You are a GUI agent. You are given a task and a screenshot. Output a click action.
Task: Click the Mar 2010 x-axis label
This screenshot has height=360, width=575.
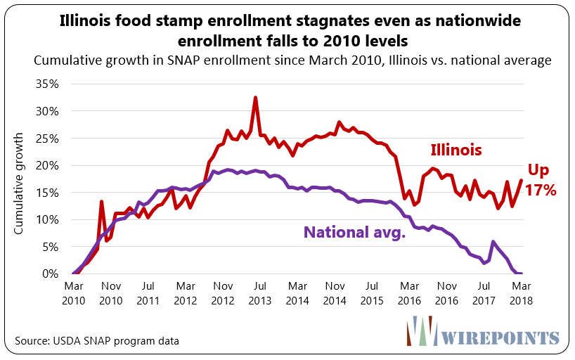click(74, 292)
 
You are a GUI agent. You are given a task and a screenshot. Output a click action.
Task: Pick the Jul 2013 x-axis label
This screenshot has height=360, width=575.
click(259, 292)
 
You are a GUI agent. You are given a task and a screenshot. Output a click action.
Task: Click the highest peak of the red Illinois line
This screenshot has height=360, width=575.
click(255, 98)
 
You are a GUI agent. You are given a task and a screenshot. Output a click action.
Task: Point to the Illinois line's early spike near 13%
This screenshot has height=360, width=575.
click(101, 202)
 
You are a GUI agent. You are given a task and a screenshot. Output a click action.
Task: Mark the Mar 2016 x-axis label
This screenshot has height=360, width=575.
click(407, 292)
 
